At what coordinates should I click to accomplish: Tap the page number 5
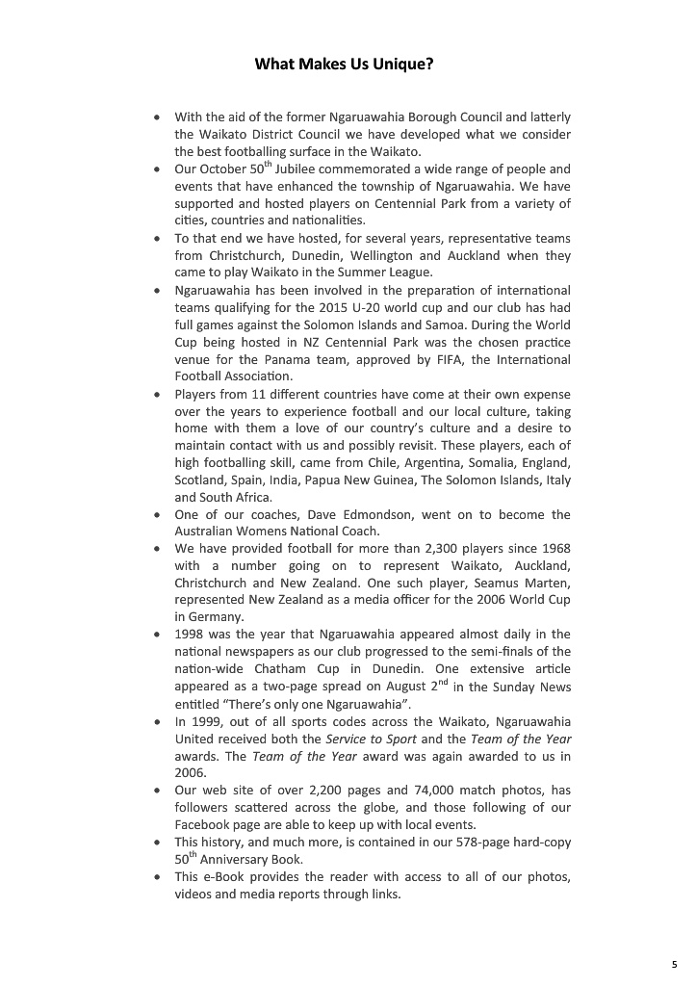[674, 963]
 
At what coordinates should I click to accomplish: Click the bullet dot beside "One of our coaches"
[157, 515]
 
